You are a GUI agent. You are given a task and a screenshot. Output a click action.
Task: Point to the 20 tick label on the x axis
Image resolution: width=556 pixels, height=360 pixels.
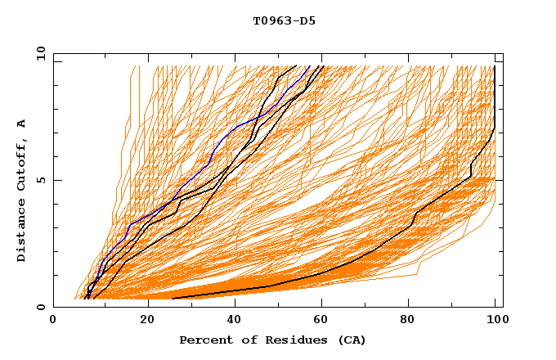148,321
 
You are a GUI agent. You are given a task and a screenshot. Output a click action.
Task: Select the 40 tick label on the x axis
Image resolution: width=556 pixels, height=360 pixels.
236,321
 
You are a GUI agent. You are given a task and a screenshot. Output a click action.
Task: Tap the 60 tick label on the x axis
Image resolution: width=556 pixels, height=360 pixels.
325,321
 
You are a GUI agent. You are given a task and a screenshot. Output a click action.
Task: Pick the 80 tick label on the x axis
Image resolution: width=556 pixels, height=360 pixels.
413,321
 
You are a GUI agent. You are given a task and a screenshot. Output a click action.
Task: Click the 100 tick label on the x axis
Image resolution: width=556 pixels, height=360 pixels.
495,321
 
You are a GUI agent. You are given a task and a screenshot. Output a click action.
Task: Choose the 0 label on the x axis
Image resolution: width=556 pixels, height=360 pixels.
54,321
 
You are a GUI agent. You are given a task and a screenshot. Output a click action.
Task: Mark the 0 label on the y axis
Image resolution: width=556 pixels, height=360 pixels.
41,308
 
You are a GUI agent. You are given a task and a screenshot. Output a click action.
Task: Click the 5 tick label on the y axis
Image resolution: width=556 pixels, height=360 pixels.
41,180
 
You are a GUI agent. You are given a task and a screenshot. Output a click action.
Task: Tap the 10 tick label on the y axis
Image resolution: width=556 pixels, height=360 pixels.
38,52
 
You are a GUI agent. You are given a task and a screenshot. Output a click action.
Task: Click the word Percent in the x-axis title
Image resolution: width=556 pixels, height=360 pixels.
202,340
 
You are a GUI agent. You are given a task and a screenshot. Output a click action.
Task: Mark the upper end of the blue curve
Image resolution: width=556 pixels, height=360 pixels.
309,66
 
